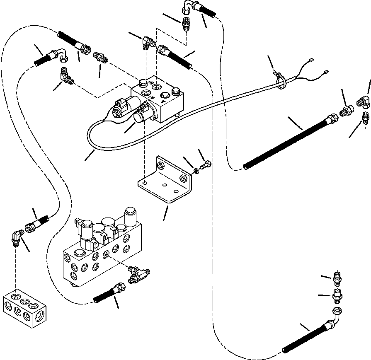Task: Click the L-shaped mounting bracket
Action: (166, 182)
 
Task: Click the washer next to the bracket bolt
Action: (196, 170)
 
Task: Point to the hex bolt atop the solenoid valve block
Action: (176, 92)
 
